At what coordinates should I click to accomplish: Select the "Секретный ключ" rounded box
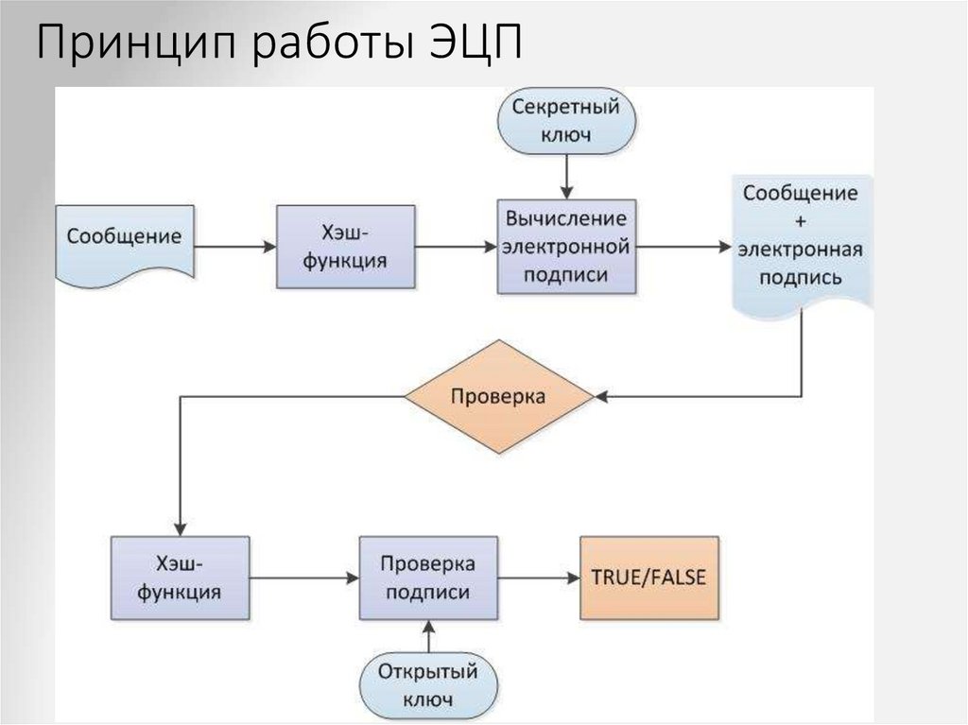[x=566, y=121]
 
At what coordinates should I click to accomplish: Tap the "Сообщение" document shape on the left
[x=124, y=237]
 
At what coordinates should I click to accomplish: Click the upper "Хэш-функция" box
[x=344, y=246]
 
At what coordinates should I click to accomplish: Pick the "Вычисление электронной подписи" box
[x=566, y=246]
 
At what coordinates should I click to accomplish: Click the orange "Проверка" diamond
[x=498, y=397]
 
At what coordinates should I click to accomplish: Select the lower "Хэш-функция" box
[x=180, y=578]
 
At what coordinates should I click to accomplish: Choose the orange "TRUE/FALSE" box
[x=648, y=578]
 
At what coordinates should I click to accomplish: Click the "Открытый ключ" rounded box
[x=427, y=685]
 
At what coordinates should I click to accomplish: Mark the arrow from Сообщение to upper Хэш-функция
[x=234, y=247]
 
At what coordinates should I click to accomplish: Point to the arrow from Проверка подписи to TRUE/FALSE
[x=537, y=578]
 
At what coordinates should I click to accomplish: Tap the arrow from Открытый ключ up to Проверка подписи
[x=427, y=638]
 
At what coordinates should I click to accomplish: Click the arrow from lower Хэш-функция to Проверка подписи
[x=304, y=578]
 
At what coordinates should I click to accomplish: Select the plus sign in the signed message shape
[x=800, y=222]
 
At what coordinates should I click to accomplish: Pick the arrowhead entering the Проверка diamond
[x=602, y=397]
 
